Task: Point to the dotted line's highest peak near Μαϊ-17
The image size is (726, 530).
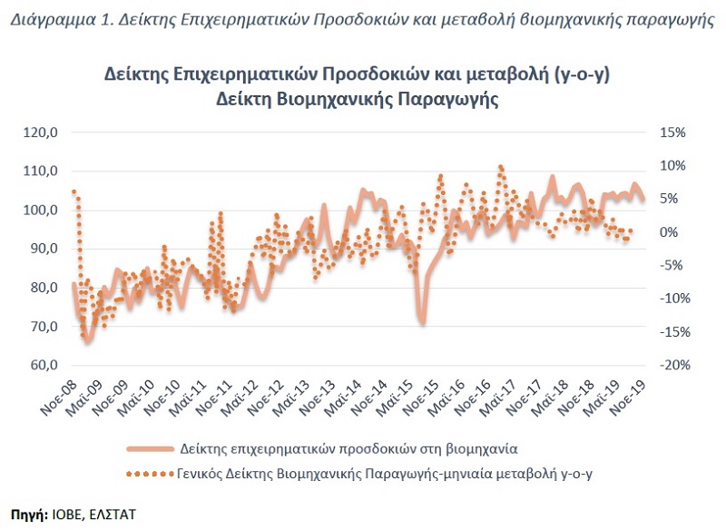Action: (x=500, y=167)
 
